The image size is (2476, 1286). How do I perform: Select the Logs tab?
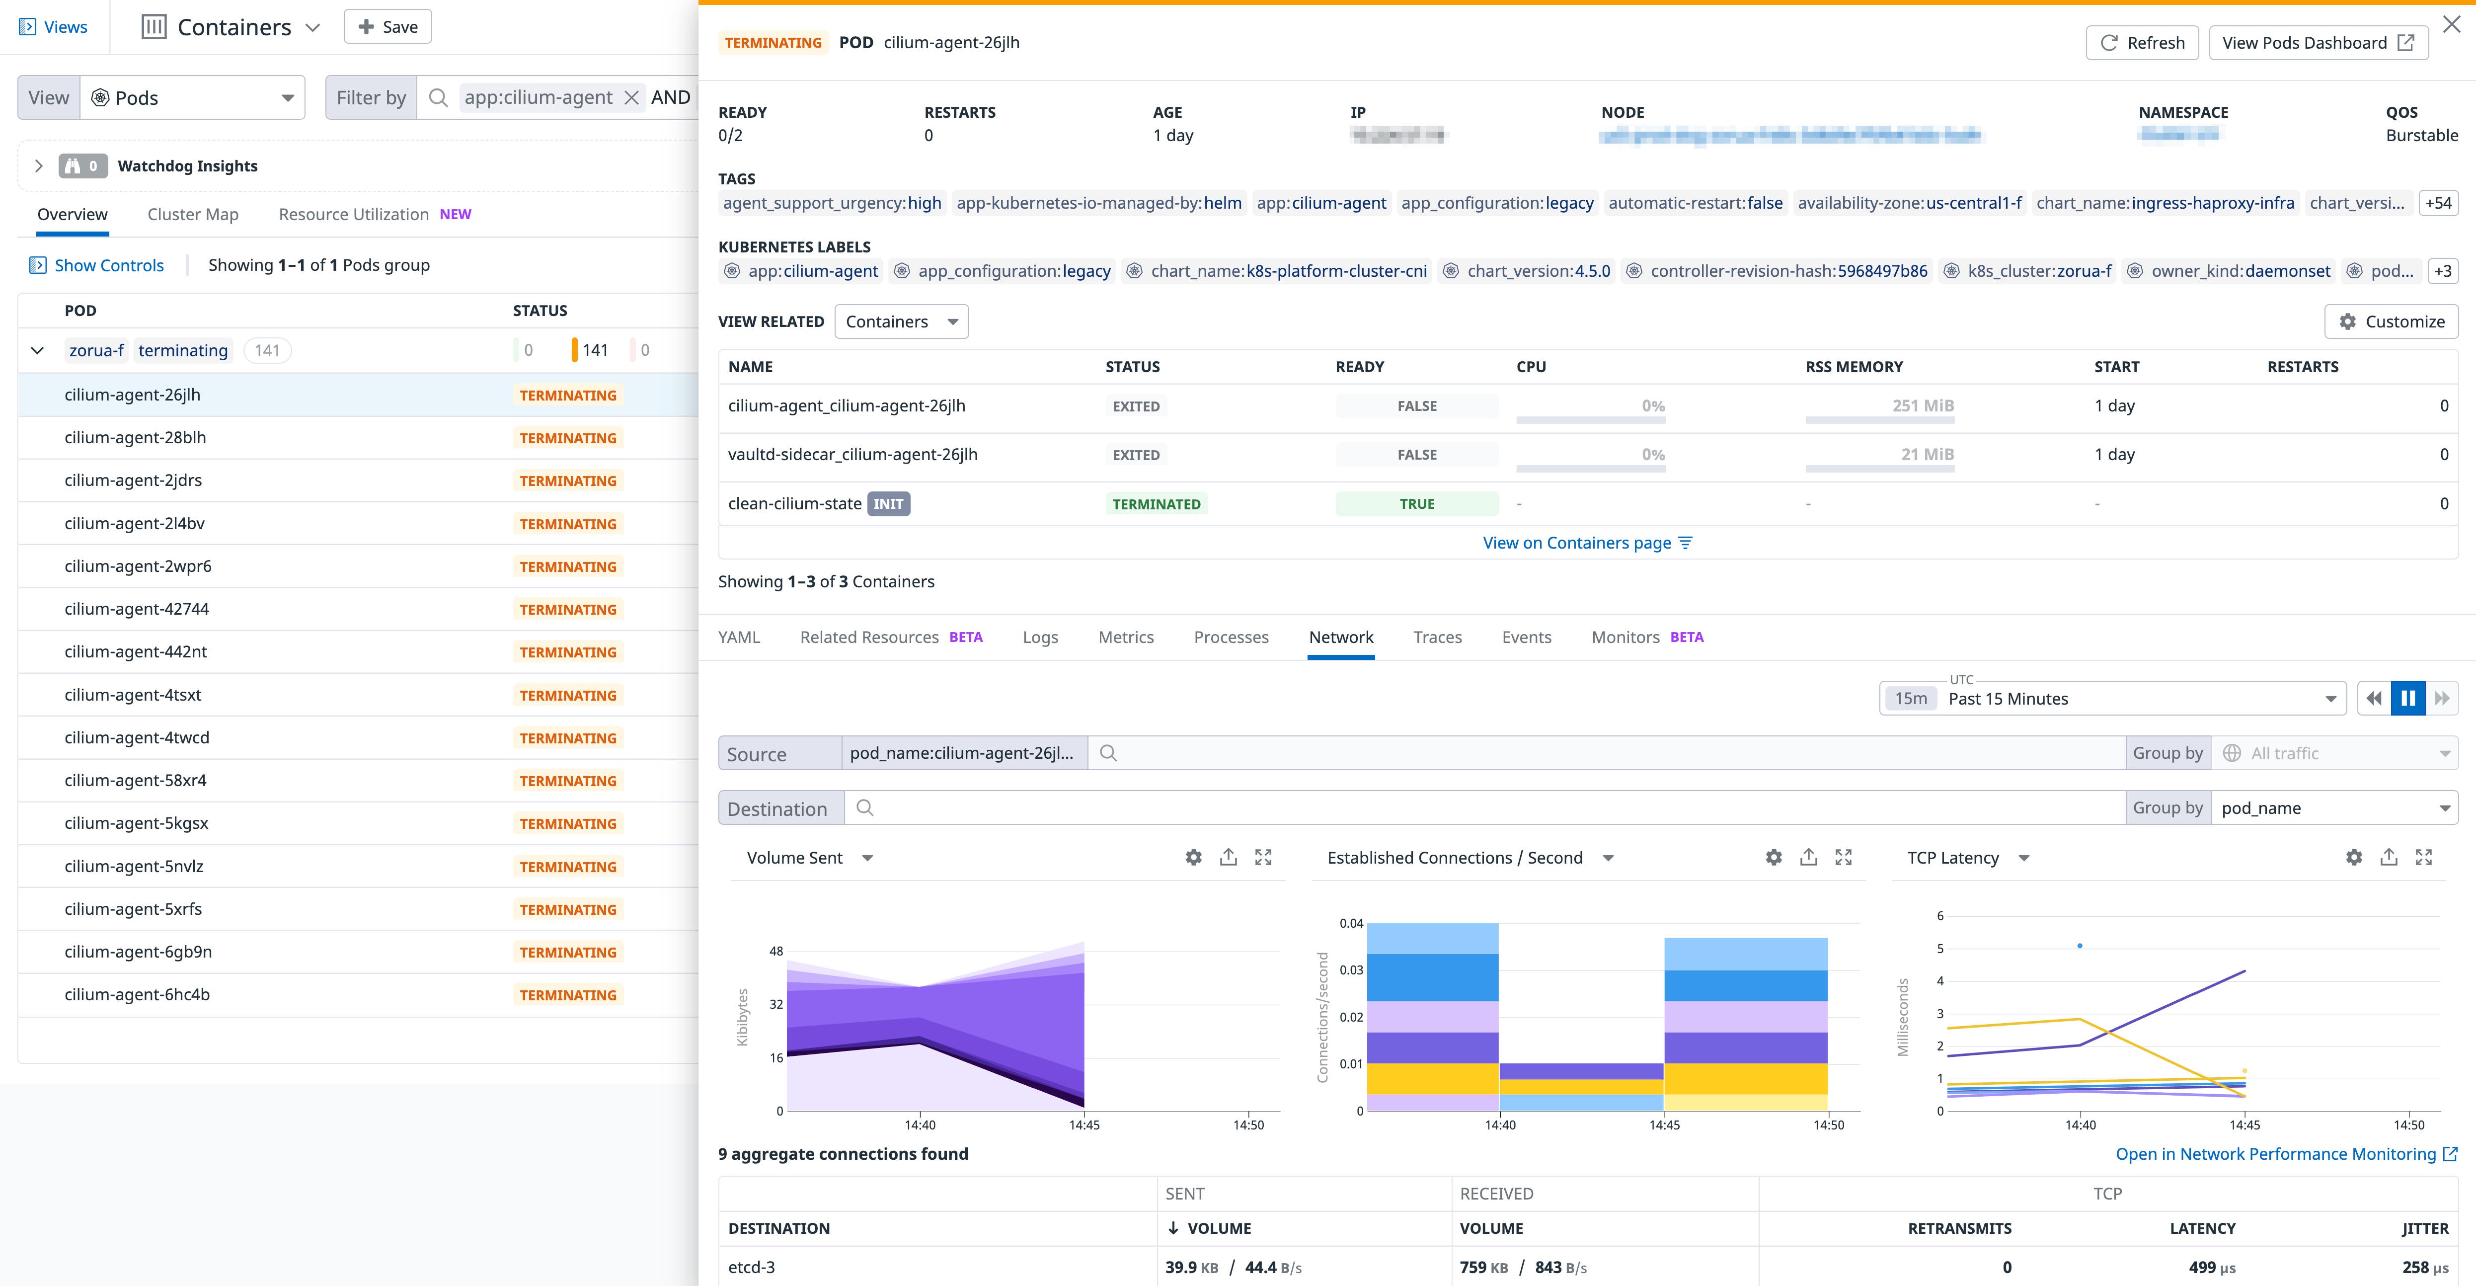point(1040,637)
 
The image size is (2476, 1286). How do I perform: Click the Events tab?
point(1525,637)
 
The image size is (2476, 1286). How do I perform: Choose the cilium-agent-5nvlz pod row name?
point(134,866)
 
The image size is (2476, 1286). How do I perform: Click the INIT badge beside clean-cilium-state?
point(888,504)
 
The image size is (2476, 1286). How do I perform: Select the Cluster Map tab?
point(192,214)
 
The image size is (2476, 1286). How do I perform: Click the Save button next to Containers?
point(387,27)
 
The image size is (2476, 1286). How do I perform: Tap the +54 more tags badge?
point(2438,203)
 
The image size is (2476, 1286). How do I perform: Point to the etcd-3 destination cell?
point(752,1267)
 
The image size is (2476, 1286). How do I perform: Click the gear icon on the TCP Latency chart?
point(2353,857)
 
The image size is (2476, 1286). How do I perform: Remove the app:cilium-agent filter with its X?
point(631,98)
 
